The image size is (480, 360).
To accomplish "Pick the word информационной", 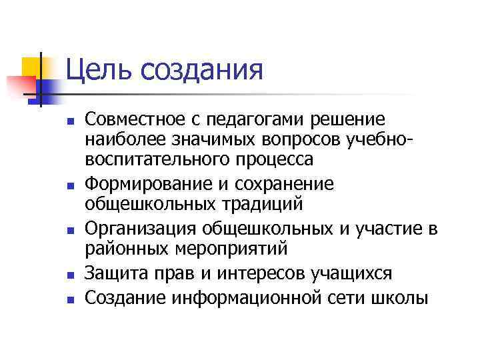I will coord(249,297).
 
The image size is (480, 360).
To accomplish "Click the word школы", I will coord(405,297).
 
